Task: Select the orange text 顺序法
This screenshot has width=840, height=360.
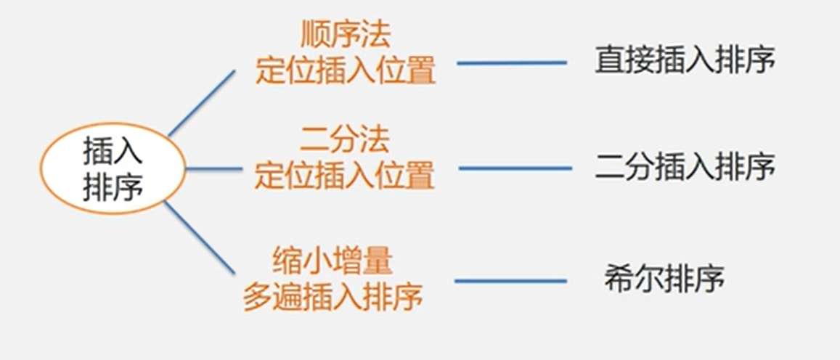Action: (345, 36)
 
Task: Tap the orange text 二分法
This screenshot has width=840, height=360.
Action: (345, 139)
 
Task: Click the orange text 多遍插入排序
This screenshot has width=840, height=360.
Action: (333, 296)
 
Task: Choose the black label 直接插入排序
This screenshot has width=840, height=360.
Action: (685, 61)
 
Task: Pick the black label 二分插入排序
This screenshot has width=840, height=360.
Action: (685, 168)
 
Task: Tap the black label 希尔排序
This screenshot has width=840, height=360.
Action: (664, 279)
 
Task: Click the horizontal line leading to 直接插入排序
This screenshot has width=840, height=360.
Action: (511, 63)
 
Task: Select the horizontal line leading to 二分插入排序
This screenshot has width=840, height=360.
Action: (515, 168)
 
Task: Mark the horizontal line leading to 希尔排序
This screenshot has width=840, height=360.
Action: (510, 281)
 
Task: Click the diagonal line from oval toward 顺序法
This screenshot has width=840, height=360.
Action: (202, 103)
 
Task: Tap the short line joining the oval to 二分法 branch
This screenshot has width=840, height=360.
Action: (213, 169)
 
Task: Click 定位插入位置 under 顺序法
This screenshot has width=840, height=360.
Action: (345, 72)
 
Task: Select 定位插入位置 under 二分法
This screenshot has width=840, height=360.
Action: (345, 175)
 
